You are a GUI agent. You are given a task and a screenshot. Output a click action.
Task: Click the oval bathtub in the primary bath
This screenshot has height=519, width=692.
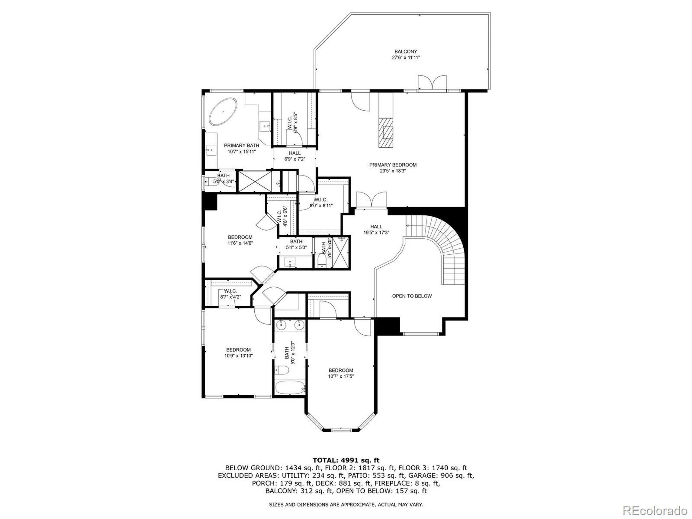(x=223, y=112)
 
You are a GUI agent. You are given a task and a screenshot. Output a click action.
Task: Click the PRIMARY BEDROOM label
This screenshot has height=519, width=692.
(x=393, y=165)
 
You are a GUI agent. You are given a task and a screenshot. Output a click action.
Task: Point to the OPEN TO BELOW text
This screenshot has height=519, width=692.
(x=412, y=296)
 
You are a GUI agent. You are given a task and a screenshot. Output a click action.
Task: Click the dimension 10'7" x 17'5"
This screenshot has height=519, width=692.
(x=341, y=376)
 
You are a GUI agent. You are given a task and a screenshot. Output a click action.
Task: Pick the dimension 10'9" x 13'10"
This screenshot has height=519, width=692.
(x=239, y=356)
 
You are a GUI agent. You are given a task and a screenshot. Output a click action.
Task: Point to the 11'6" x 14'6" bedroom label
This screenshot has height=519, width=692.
(x=240, y=243)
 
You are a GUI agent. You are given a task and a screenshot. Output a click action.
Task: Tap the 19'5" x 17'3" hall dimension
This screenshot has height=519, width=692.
(x=376, y=232)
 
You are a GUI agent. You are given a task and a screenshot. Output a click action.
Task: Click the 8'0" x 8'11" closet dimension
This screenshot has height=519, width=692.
(x=321, y=205)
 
